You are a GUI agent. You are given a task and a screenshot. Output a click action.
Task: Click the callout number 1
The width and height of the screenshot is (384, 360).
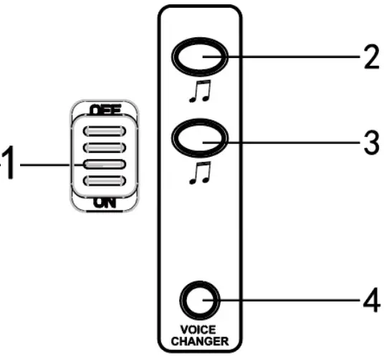6,165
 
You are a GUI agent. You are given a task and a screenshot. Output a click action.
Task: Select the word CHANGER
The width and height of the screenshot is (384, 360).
198,341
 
